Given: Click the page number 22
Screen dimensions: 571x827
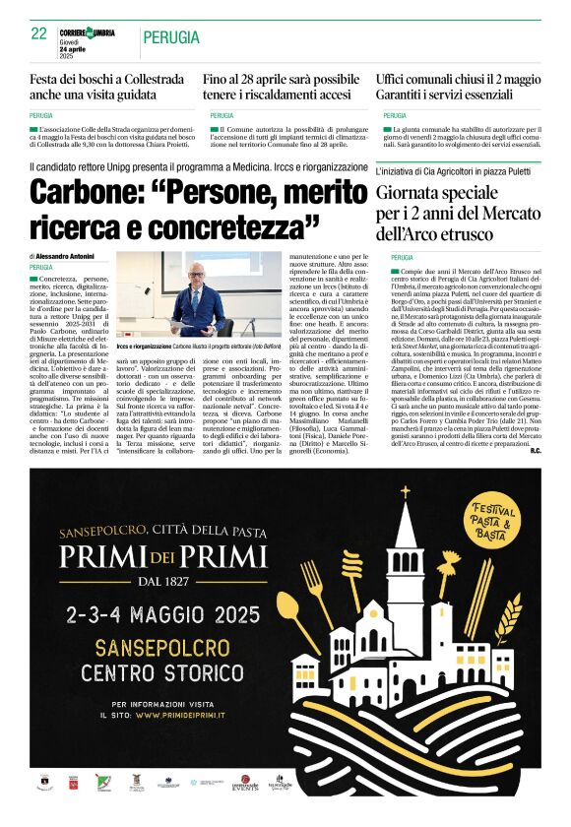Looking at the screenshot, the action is coord(39,33).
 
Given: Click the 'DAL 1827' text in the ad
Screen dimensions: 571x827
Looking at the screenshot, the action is coord(163,583).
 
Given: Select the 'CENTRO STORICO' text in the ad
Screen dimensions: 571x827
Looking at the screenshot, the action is coord(159,673).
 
